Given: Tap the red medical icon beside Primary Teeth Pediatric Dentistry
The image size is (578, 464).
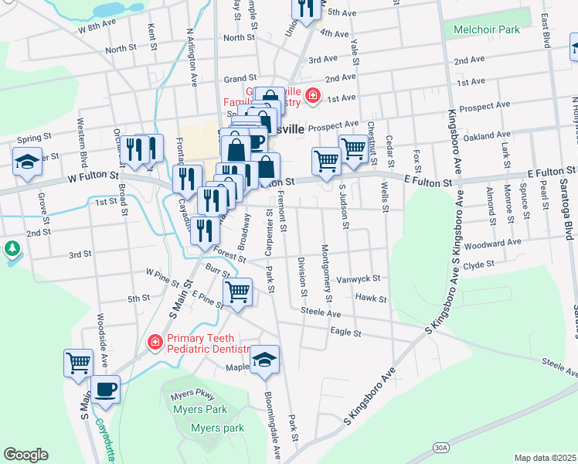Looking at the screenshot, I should [x=155, y=341].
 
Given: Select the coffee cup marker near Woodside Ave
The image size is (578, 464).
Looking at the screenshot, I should [x=105, y=389].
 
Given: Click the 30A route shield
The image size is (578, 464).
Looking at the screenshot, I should [x=440, y=447].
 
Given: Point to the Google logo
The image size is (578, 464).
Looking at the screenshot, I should [x=25, y=455].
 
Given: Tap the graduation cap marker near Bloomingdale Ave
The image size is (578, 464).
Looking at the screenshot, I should [x=264, y=359].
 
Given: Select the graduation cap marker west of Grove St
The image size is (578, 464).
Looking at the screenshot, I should [x=27, y=162].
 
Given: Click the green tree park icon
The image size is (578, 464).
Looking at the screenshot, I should [x=11, y=249].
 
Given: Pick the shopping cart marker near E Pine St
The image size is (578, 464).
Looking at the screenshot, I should [x=237, y=292].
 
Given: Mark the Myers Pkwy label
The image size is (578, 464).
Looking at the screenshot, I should [x=187, y=395].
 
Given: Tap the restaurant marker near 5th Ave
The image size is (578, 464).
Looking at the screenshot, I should [x=306, y=7].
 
